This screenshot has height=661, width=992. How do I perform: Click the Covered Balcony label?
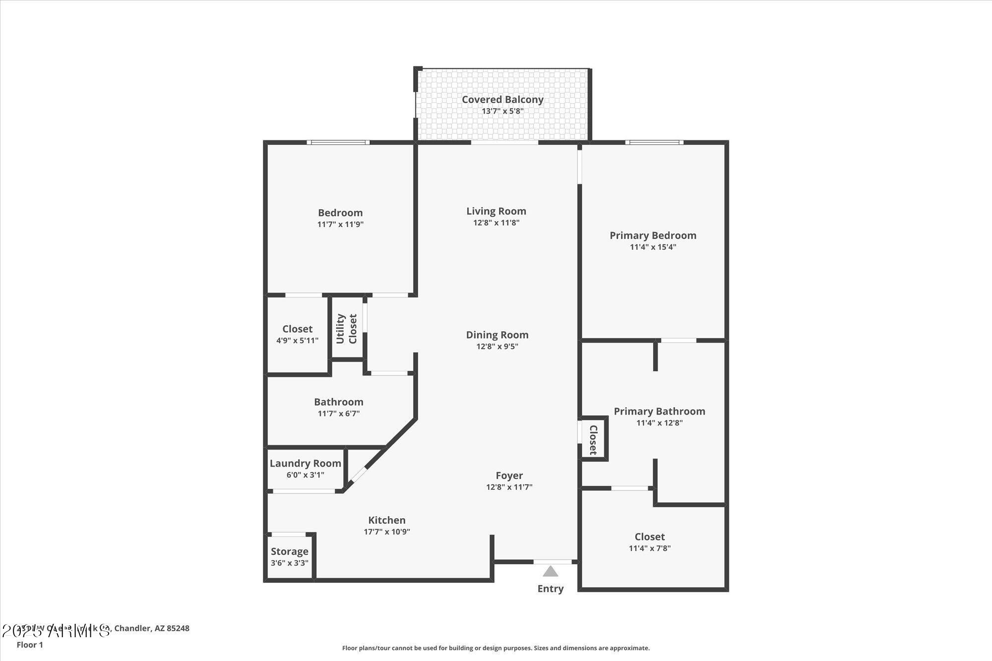pyautogui.click(x=502, y=100)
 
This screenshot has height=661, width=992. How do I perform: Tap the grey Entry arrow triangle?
pyautogui.click(x=550, y=572)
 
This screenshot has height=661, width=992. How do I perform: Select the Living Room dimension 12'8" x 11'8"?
pyautogui.click(x=496, y=223)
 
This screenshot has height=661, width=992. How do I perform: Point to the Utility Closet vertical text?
pyautogui.click(x=346, y=328)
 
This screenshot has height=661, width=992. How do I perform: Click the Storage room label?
pyautogui.click(x=290, y=551)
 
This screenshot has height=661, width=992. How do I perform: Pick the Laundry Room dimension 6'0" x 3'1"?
pyautogui.click(x=305, y=475)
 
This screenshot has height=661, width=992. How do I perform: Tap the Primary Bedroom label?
pyautogui.click(x=653, y=236)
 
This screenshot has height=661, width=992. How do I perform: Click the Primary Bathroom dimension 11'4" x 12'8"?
pyautogui.click(x=659, y=423)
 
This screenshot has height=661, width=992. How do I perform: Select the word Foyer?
pyautogui.click(x=509, y=476)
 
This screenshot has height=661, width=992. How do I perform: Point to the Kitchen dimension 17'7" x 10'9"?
pyautogui.click(x=386, y=532)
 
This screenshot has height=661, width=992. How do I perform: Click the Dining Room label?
pyautogui.click(x=497, y=335)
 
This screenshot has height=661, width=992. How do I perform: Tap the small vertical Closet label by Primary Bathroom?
pyautogui.click(x=593, y=439)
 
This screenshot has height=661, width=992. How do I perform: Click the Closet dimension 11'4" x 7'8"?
pyautogui.click(x=649, y=548)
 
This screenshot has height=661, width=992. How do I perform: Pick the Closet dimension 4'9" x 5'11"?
pyautogui.click(x=297, y=341)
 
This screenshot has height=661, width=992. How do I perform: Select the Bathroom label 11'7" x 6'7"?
pyautogui.click(x=338, y=402)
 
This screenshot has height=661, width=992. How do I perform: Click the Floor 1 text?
pyautogui.click(x=30, y=645)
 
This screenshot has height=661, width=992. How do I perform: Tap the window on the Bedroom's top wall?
pyautogui.click(x=338, y=143)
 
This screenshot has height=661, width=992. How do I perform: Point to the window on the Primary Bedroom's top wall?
pyautogui.click(x=654, y=143)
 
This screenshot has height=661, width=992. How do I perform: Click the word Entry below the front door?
pyautogui.click(x=550, y=589)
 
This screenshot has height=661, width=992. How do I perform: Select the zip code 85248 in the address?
pyautogui.click(x=178, y=628)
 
